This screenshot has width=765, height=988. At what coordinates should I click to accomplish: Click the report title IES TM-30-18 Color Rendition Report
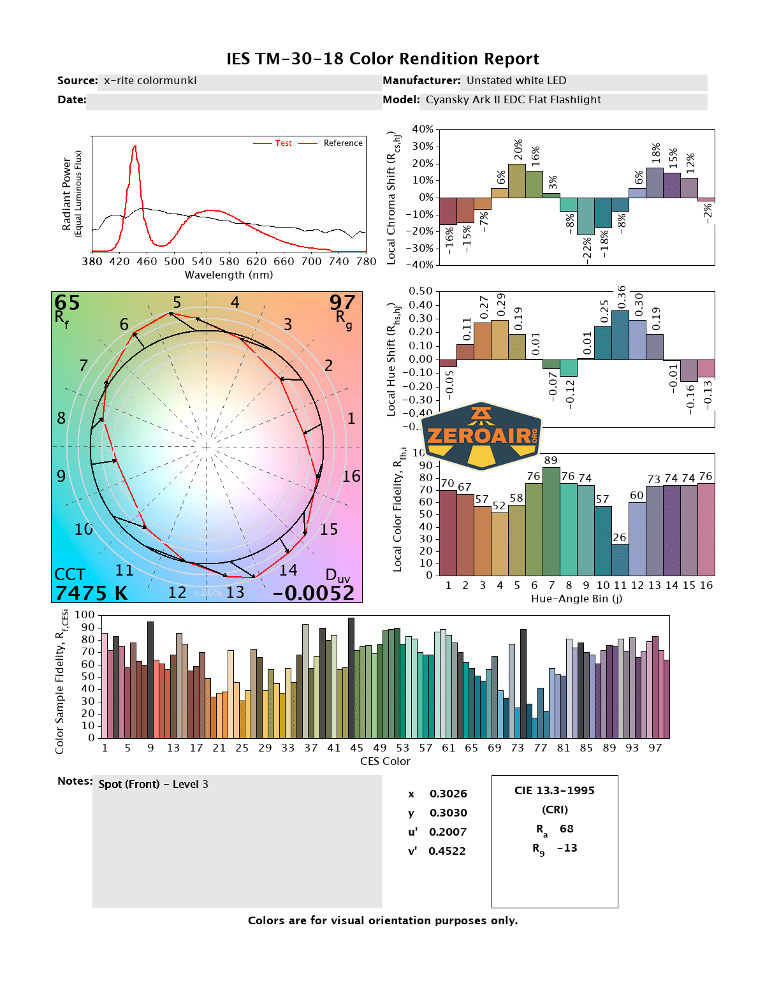382,59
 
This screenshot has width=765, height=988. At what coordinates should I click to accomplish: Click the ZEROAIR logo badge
482,437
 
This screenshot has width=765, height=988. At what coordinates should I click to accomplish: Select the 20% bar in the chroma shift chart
517,181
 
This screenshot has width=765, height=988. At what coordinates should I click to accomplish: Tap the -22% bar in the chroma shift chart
586,216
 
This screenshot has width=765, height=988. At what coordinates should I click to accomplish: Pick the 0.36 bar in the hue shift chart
620,335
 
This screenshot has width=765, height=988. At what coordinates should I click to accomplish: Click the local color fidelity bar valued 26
620,560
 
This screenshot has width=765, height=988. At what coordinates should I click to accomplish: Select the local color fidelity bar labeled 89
551,521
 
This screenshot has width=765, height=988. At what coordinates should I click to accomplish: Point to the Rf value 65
67,303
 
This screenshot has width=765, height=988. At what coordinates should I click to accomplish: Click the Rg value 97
342,302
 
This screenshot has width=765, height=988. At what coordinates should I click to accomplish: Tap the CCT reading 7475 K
91,593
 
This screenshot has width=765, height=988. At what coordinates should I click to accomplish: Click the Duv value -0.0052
313,593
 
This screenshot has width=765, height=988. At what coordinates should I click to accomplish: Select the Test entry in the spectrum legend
283,143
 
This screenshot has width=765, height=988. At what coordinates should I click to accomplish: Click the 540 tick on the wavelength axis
201,261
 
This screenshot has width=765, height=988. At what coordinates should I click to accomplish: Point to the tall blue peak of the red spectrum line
135,148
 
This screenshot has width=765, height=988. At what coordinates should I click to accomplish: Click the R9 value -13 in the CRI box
567,848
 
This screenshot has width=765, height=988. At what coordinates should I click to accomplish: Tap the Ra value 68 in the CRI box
566,829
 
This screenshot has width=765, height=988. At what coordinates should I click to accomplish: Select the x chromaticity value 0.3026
448,794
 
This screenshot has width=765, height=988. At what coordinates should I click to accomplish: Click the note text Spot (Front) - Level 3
153,784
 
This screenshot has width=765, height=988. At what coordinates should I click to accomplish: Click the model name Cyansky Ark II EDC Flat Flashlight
513,99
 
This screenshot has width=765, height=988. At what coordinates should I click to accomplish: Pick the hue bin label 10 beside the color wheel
84,529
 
